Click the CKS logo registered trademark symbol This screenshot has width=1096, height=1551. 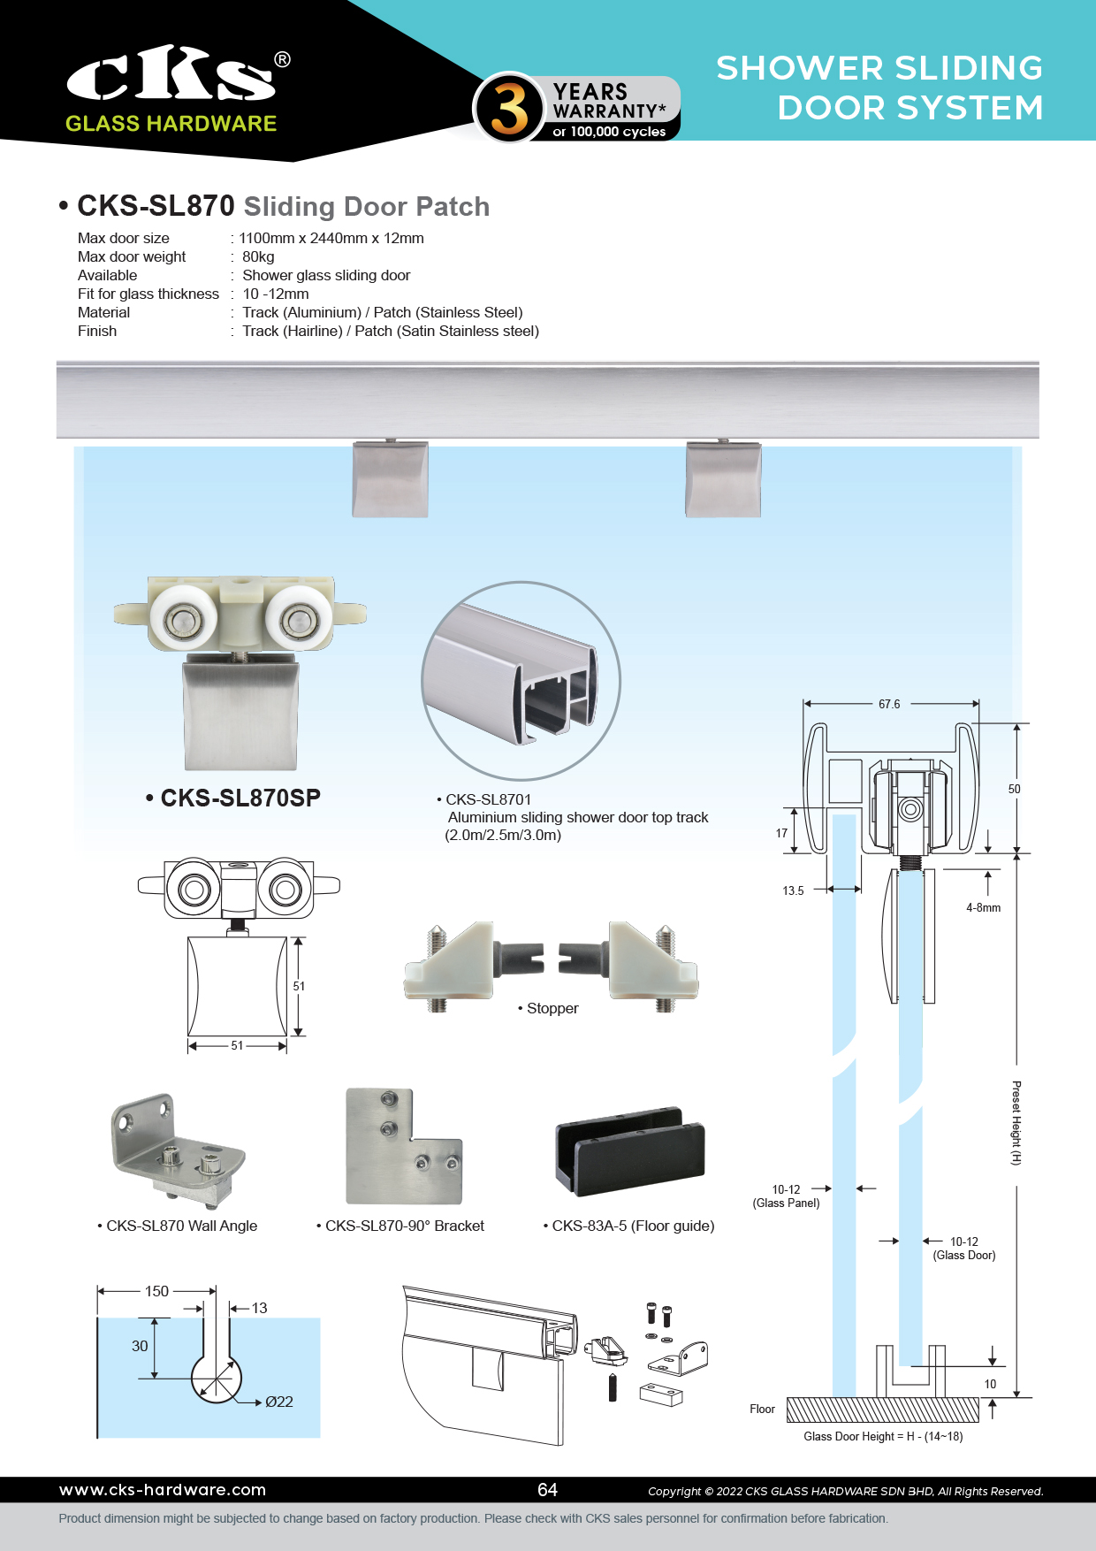(x=282, y=60)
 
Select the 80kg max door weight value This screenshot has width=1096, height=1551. (x=258, y=257)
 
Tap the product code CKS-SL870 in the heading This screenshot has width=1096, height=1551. (x=156, y=206)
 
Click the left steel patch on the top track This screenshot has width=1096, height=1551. (x=390, y=479)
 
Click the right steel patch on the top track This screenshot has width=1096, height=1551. (x=723, y=479)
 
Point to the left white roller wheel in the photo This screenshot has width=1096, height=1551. (x=183, y=615)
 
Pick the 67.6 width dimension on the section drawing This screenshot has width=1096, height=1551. (x=889, y=705)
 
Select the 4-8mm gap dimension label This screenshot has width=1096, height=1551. (x=983, y=908)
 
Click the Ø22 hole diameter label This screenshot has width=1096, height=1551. (x=279, y=1402)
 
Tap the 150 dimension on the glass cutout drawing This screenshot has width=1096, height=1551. (x=156, y=1292)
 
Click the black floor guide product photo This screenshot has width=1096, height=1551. (x=630, y=1150)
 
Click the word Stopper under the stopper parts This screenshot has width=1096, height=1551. (x=552, y=1009)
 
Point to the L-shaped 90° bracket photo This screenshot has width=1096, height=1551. (x=402, y=1147)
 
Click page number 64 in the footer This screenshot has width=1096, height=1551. (x=548, y=1490)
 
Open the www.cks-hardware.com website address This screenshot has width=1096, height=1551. (x=163, y=1490)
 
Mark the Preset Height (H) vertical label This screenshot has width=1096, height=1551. (x=1016, y=1123)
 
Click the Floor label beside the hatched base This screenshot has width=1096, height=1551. (x=762, y=1410)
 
